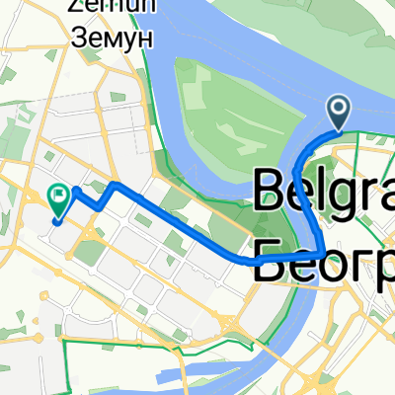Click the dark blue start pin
pos(338,112)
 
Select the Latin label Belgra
pos(326,192)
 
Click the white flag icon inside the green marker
pos(60,196)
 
